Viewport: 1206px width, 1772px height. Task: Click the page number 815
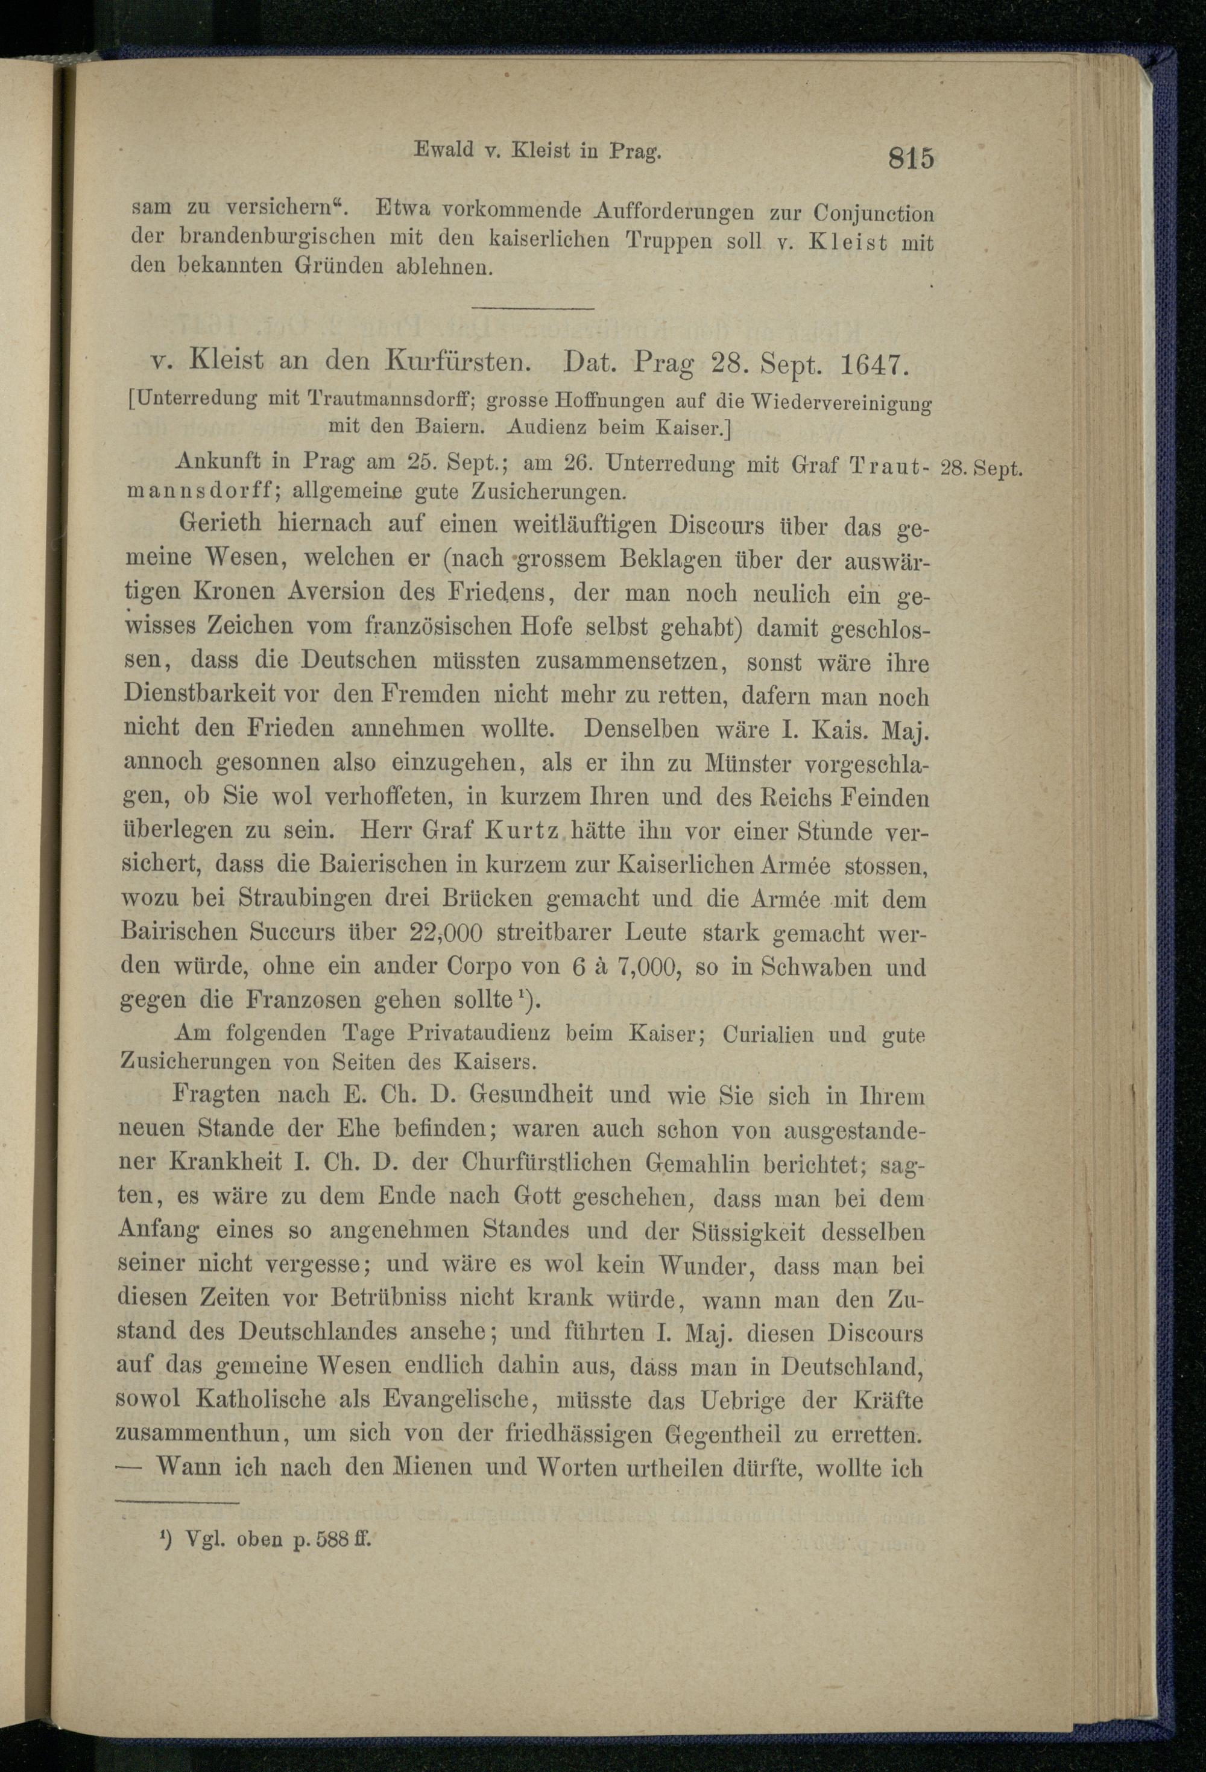tap(910, 159)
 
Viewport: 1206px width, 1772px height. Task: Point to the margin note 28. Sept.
tap(981, 468)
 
